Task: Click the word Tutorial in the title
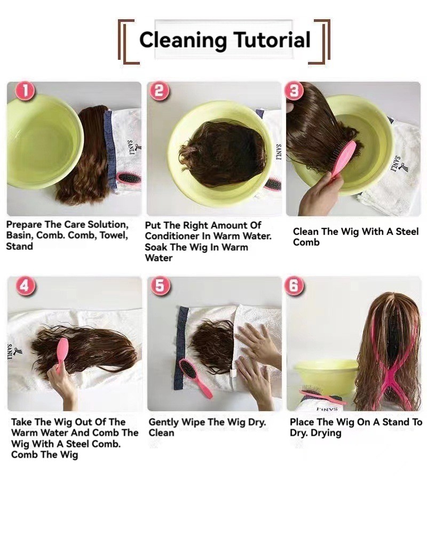(272, 40)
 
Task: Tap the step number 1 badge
(25, 91)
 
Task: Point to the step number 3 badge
(295, 91)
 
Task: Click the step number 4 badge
(25, 286)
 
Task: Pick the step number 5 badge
(160, 285)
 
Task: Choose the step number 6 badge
(294, 285)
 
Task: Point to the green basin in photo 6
(325, 376)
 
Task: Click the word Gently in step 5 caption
(164, 422)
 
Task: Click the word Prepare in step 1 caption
(24, 225)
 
